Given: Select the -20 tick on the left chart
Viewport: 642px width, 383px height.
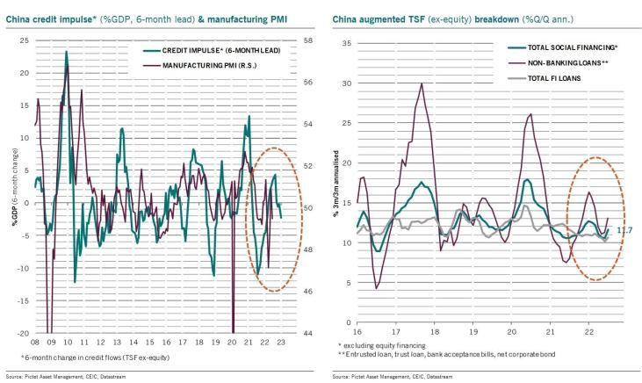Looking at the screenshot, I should pyautogui.click(x=24, y=333).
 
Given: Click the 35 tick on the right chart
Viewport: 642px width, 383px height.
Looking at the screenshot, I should pyautogui.click(x=347, y=43).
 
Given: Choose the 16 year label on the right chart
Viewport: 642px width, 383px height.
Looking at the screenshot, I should pyautogui.click(x=358, y=334).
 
